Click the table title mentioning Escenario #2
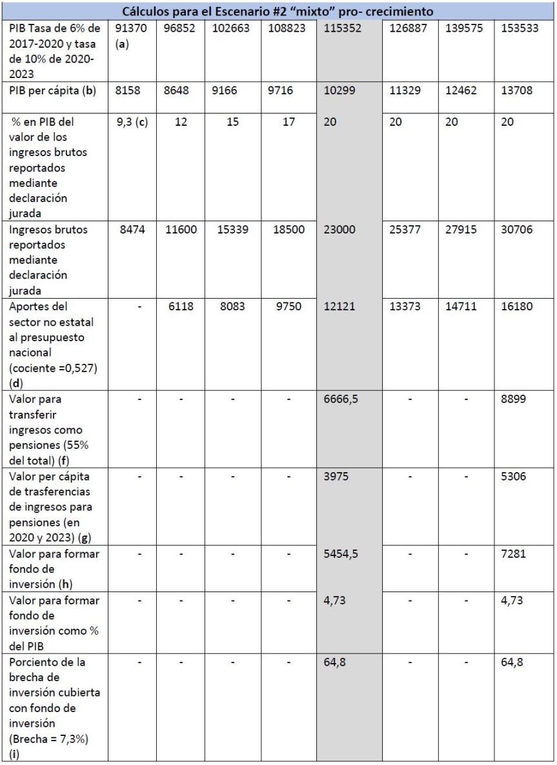click(278, 12)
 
